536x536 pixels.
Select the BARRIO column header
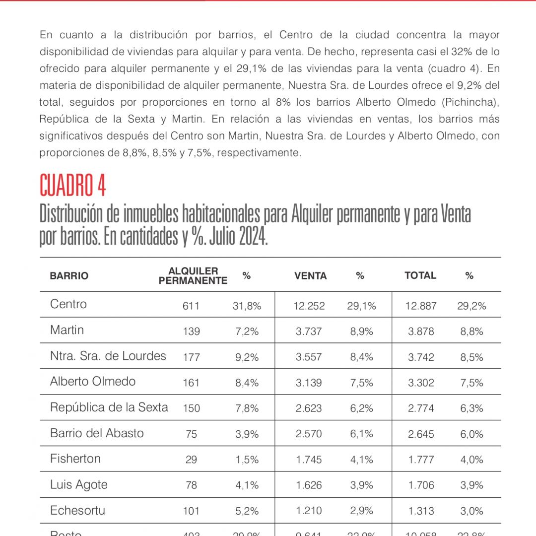[69, 276]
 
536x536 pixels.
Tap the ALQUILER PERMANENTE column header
[193, 276]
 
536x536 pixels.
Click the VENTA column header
[311, 276]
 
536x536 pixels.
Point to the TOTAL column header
[420, 275]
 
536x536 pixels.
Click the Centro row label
[68, 304]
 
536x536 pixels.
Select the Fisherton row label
[75, 459]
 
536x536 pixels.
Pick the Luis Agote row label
[79, 484]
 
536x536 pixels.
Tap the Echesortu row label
[77, 510]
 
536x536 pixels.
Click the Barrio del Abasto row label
[97, 433]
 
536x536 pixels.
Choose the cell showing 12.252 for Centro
[309, 306]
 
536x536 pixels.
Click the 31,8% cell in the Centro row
[247, 306]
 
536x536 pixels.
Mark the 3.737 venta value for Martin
[309, 332]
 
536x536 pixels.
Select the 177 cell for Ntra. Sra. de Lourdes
[191, 357]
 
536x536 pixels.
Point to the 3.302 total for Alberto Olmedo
[421, 383]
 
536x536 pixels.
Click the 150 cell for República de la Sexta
[191, 408]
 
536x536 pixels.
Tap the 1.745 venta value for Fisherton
[309, 460]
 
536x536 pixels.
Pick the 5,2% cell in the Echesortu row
[247, 511]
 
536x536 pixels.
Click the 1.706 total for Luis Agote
[421, 485]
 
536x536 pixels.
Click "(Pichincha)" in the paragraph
[470, 103]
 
